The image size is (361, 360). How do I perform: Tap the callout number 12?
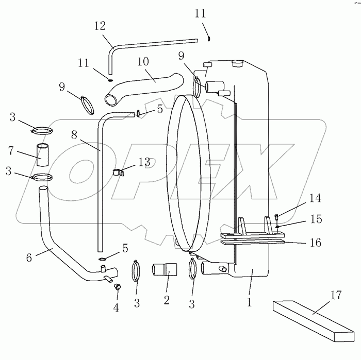click(x=100, y=26)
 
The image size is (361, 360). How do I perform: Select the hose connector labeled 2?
click(x=165, y=270)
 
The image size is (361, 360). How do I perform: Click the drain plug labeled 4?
click(x=117, y=287)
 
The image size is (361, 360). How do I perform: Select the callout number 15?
click(x=315, y=219)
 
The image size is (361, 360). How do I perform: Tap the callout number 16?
click(x=315, y=242)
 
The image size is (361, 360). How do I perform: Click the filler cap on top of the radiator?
click(x=237, y=63)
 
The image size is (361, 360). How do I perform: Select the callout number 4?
click(x=116, y=308)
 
